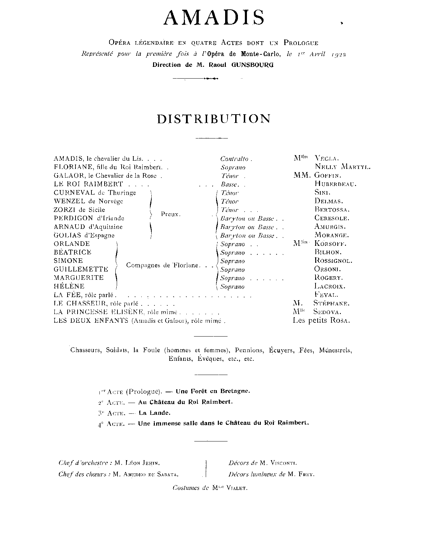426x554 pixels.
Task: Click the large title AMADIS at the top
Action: coord(214,18)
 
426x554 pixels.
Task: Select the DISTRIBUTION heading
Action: coord(214,119)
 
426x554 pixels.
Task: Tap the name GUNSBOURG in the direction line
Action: coord(252,65)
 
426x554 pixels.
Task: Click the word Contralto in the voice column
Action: coord(234,159)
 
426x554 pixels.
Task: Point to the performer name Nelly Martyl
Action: coord(342,167)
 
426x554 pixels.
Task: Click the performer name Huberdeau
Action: coord(335,184)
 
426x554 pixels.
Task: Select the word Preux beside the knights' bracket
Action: coord(170,214)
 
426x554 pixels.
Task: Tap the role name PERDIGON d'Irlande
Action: coord(89,218)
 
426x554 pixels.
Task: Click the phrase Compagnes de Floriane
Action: coord(162,265)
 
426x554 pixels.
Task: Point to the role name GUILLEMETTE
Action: coord(81,269)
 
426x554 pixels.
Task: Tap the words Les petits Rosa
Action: coord(321,321)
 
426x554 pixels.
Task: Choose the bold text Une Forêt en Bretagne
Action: coord(213,391)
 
